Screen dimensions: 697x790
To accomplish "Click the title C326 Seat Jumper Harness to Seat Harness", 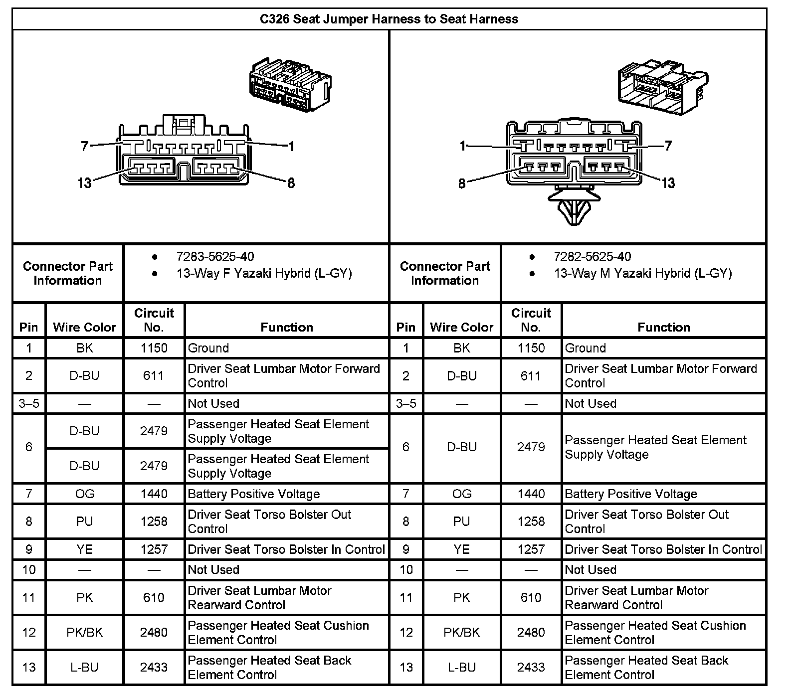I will coord(389,19).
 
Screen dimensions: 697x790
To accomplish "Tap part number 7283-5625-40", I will coord(215,257).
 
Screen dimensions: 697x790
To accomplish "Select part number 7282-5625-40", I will coord(592,257).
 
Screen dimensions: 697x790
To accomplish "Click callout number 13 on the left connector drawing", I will coord(84,183).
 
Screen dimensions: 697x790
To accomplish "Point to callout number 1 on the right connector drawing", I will coord(463,146).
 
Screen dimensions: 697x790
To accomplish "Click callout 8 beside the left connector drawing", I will coord(291,183).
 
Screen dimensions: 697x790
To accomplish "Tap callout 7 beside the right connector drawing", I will coord(668,146).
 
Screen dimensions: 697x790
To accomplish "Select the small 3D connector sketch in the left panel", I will coord(290,85).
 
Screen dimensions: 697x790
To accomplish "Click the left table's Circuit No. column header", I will coord(154,320).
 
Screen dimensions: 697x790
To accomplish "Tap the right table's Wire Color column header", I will coord(461,327).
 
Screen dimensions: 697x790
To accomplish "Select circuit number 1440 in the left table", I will coord(154,494).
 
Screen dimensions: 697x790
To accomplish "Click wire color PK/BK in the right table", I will coord(461,632).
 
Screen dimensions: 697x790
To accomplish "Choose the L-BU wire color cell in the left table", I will coord(84,667).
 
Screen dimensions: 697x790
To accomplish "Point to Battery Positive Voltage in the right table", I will coord(631,494).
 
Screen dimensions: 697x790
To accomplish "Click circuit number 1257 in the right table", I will coord(531,549).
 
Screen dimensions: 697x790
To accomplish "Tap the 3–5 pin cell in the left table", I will coord(29,403).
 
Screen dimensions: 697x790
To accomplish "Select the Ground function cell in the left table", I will coord(208,348).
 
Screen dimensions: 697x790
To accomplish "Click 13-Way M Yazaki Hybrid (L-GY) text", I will coord(643,273).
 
